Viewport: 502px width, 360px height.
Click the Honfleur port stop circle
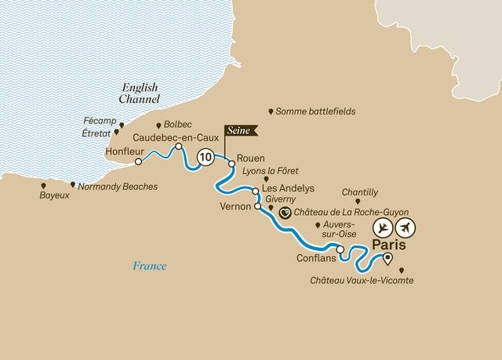click(138, 162)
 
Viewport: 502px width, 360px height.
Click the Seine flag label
click(240, 131)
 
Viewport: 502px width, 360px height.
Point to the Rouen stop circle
click(231, 165)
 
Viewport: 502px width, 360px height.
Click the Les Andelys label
click(288, 189)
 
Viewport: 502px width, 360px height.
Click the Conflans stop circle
click(340, 251)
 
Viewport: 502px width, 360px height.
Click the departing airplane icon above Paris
click(382, 227)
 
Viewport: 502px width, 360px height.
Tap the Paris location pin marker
click(387, 264)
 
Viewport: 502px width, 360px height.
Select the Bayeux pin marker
click(42, 185)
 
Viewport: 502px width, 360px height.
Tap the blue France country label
click(149, 266)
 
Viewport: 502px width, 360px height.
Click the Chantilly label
click(361, 191)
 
